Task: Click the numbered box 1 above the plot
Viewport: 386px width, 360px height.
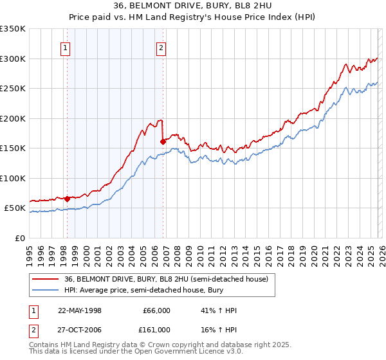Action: (66, 47)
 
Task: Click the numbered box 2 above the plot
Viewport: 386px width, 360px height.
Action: (161, 47)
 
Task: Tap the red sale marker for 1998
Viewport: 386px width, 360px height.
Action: (67, 199)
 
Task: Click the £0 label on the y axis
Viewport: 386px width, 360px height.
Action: (19, 238)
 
